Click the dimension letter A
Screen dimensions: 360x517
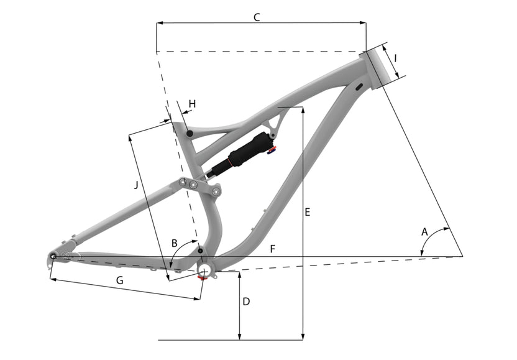[425, 231]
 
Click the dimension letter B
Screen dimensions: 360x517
[175, 242]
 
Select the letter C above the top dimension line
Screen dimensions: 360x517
[257, 17]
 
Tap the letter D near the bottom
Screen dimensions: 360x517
[246, 302]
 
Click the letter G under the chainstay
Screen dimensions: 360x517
[120, 280]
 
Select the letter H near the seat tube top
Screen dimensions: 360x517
[191, 103]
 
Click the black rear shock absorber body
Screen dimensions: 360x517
[248, 152]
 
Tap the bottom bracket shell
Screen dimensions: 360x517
[204, 268]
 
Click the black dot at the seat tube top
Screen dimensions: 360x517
[189, 132]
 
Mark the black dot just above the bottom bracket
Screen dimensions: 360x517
[200, 251]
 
